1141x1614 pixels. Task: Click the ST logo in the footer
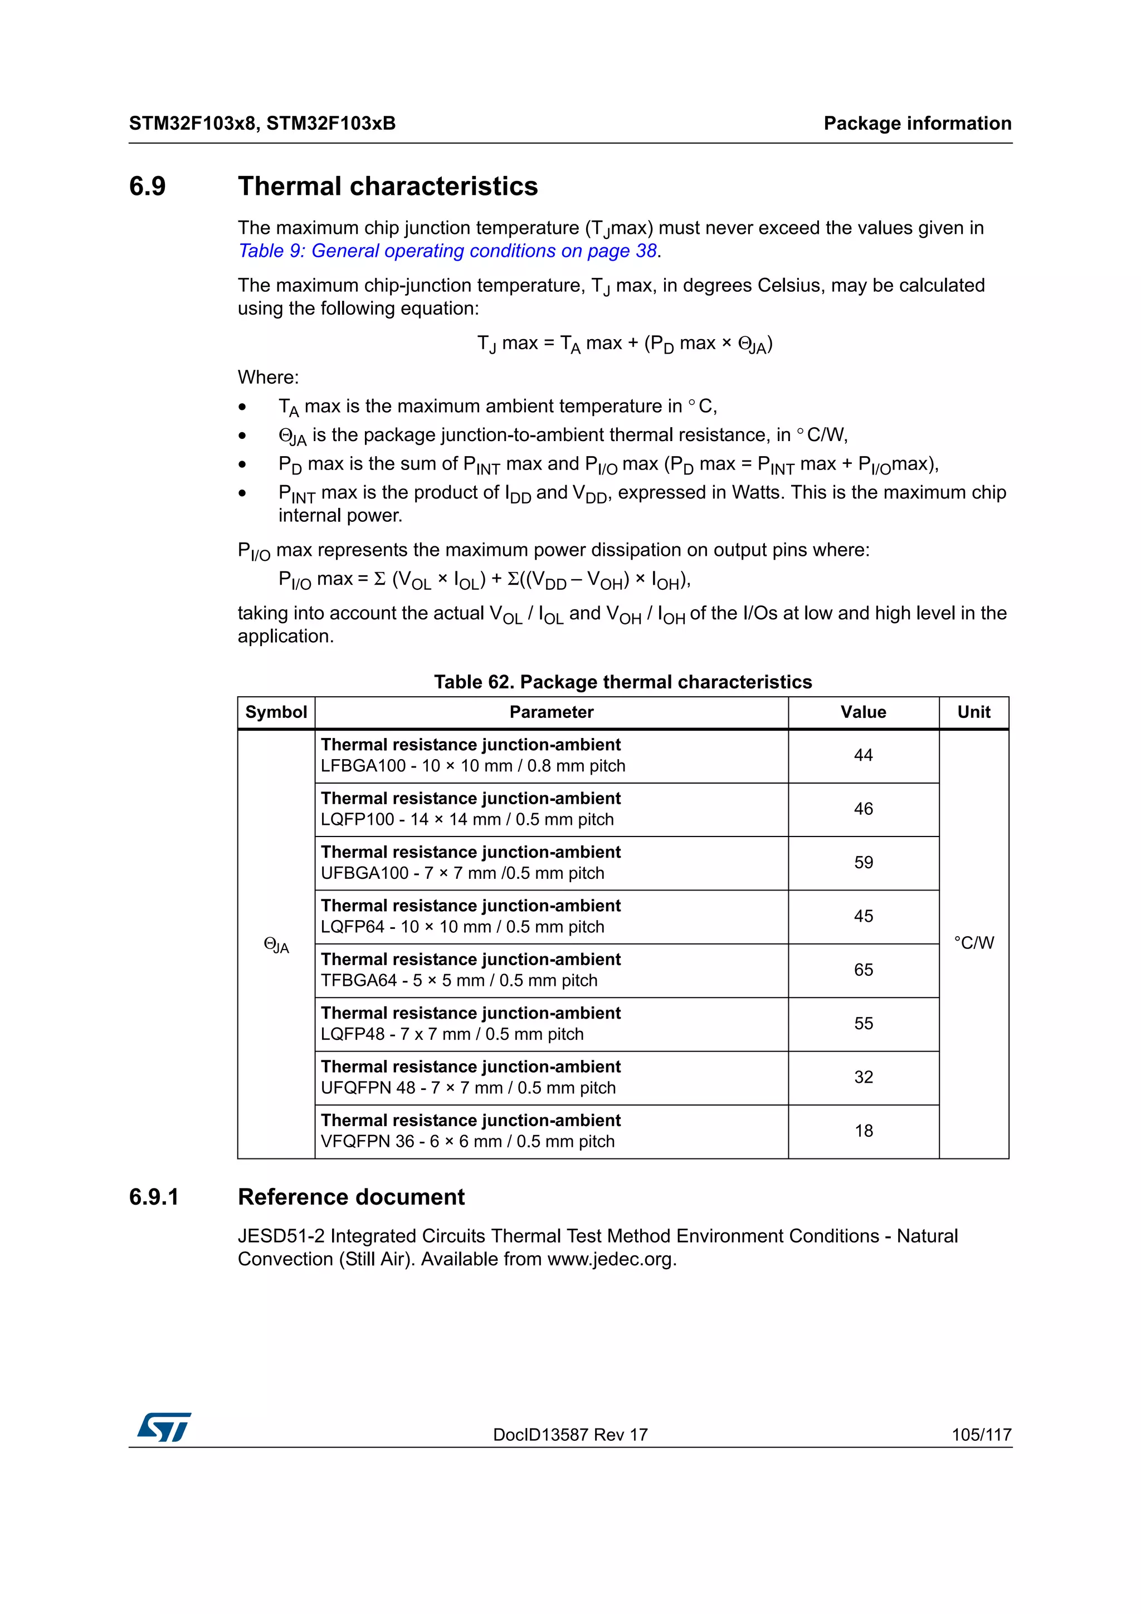164,1426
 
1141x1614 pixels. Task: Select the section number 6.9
148,186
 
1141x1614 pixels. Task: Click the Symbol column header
276,712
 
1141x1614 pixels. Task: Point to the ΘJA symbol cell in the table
276,946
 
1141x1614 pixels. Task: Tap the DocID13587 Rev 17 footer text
570,1435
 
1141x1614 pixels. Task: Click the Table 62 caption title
622,682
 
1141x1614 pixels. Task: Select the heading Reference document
351,1197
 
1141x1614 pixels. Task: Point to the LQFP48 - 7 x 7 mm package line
452,1034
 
